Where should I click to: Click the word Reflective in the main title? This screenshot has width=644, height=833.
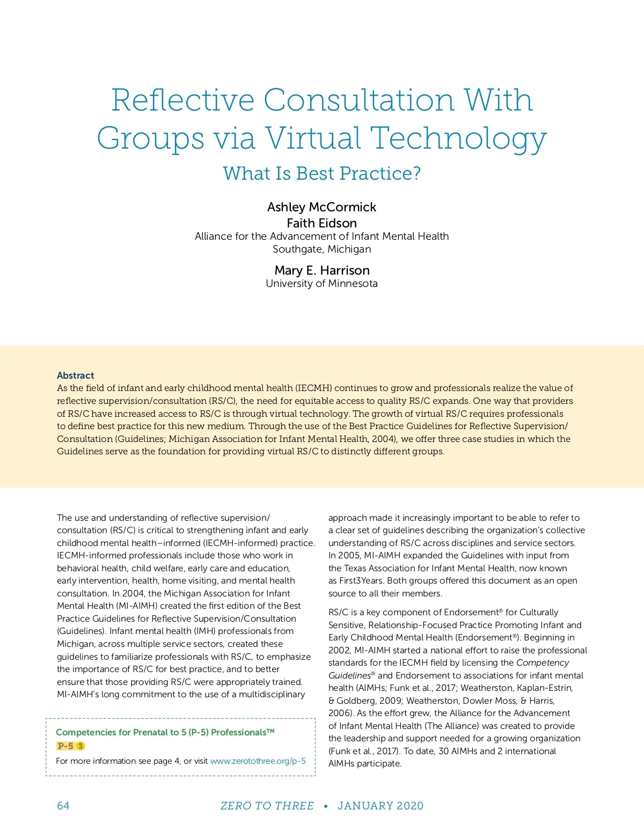[x=182, y=100]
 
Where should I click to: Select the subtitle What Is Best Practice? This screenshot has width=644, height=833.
[x=322, y=173]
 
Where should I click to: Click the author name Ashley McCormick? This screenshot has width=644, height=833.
[x=322, y=207]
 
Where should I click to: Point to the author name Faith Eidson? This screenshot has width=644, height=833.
[x=322, y=223]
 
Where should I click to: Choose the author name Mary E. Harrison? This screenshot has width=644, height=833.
[x=322, y=270]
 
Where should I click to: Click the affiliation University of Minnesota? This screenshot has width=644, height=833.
[x=322, y=284]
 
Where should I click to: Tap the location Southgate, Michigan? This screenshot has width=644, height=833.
[x=322, y=249]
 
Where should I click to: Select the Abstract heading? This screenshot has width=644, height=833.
[x=76, y=375]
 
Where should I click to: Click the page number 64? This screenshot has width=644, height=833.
[x=63, y=806]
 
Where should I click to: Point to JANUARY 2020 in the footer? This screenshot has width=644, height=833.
[x=380, y=806]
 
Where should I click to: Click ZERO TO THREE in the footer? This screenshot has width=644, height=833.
[x=267, y=806]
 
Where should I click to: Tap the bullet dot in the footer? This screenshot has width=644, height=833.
[x=326, y=806]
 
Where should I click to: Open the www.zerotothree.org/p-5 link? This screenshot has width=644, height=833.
[x=258, y=761]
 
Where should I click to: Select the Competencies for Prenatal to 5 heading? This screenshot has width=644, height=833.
[x=165, y=732]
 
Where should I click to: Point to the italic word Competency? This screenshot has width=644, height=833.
[x=543, y=663]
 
